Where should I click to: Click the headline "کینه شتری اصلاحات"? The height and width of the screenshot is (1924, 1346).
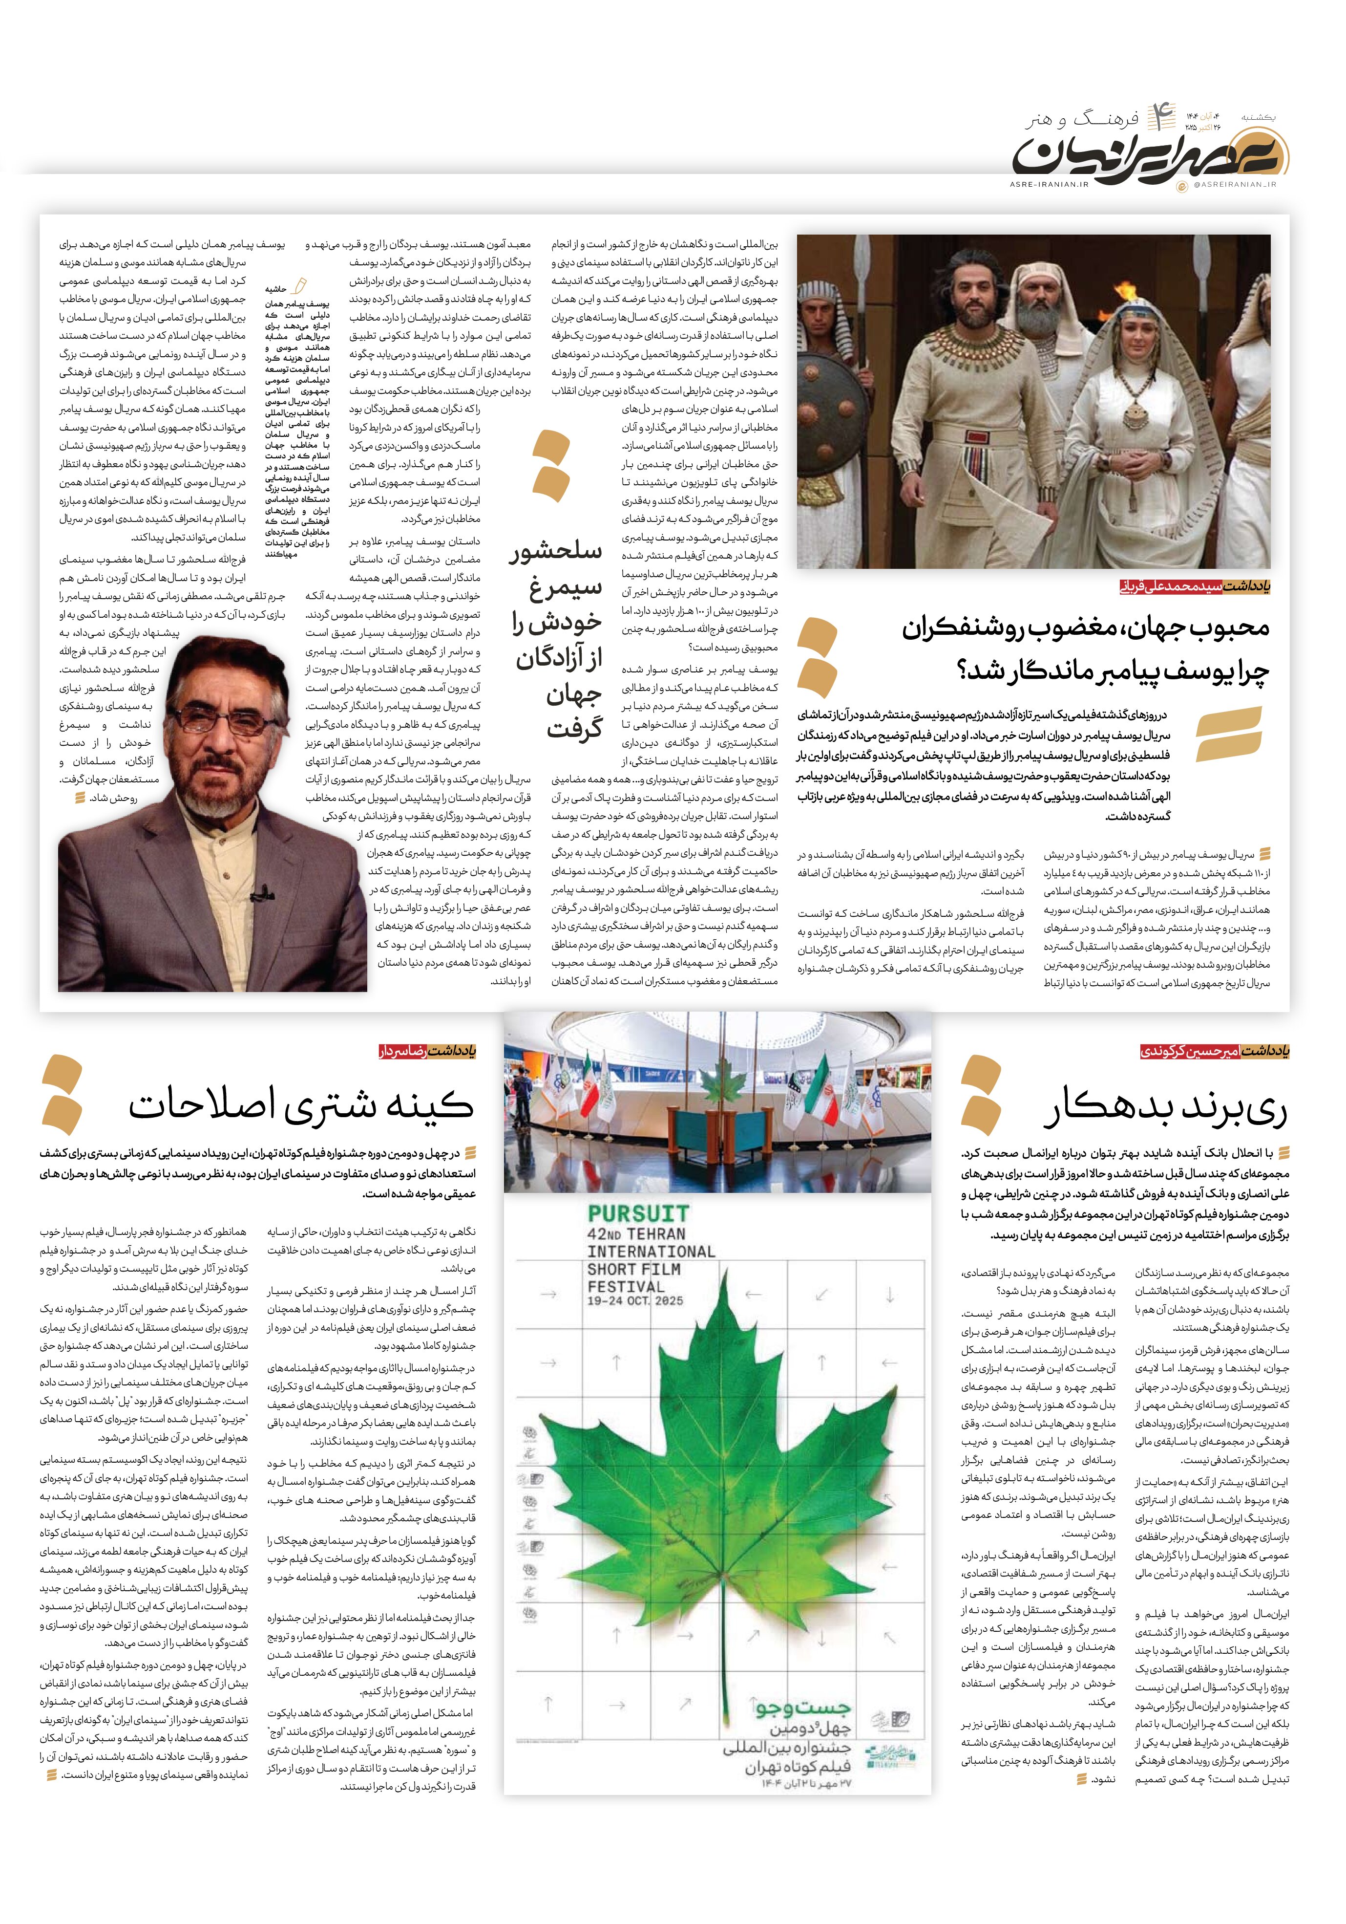pyautogui.click(x=301, y=1104)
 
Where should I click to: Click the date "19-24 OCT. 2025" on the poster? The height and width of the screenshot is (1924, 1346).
pyautogui.click(x=635, y=1300)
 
